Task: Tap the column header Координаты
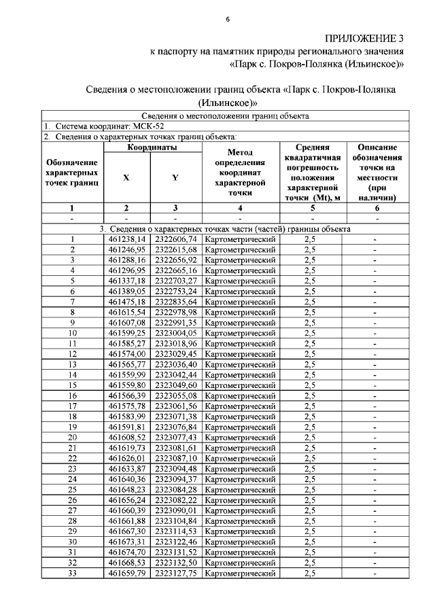(152, 147)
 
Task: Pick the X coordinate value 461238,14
(127, 239)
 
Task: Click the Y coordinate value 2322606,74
(175, 239)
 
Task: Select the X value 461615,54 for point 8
(127, 313)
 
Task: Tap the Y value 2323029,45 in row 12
(175, 354)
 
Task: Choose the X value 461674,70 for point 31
(127, 553)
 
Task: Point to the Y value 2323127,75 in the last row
(175, 574)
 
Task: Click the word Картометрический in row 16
(240, 396)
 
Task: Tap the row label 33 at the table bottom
(71, 574)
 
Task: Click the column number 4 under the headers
(240, 209)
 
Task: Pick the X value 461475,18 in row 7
(127, 302)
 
